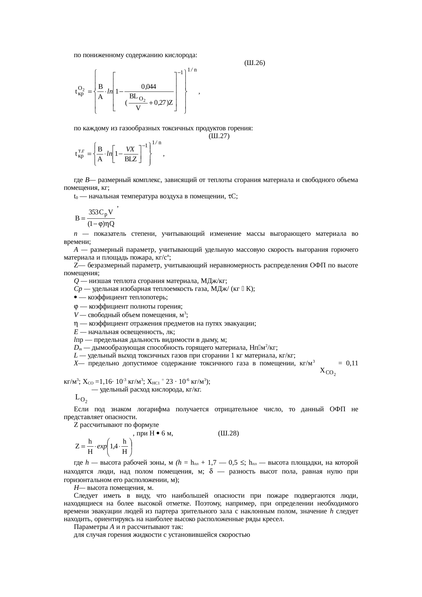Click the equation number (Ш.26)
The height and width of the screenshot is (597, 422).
pyautogui.click(x=255, y=63)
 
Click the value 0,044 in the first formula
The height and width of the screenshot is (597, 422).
pyautogui.click(x=148, y=86)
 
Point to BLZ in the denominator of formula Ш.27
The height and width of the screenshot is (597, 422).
pyautogui.click(x=131, y=159)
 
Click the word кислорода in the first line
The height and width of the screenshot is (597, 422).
pyautogui.click(x=181, y=55)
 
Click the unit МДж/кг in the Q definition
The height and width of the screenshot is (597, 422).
pyautogui.click(x=214, y=281)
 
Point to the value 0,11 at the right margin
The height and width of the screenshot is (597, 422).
pyautogui.click(x=352, y=363)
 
